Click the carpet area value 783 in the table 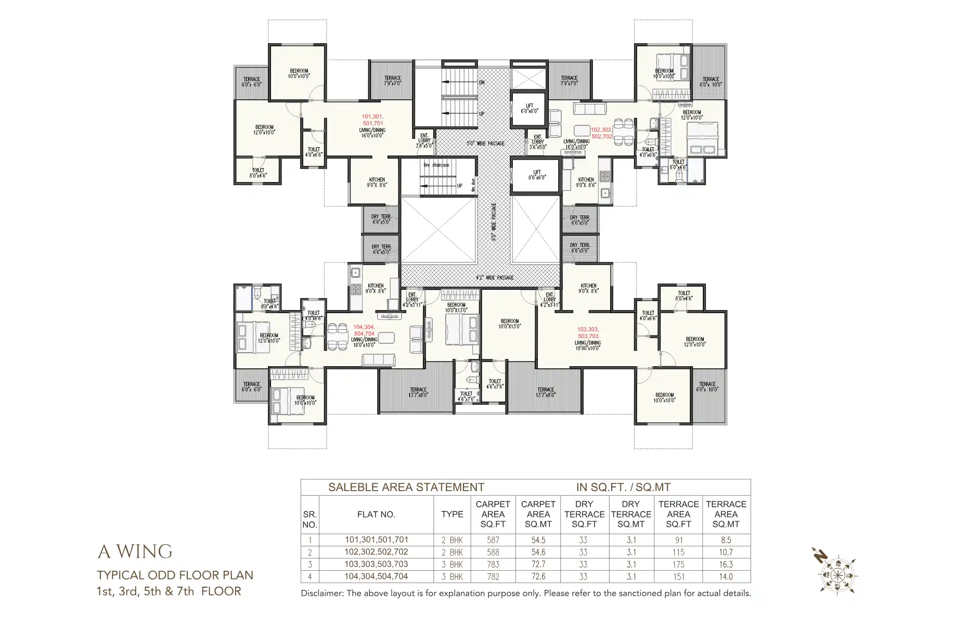[493, 564]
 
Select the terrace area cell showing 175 [678, 564]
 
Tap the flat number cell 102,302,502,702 [376, 552]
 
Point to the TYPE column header [451, 514]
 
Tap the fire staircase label [436, 165]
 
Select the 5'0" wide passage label [485, 143]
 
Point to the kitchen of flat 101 [377, 182]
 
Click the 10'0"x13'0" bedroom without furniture [509, 324]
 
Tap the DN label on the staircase [482, 82]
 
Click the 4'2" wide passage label [494, 278]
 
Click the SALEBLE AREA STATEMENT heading [406, 487]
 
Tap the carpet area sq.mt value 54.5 [538, 540]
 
